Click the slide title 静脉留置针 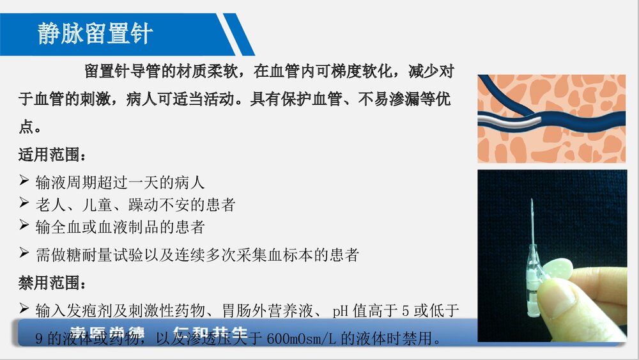click(x=95, y=33)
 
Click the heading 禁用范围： click(x=51, y=282)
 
